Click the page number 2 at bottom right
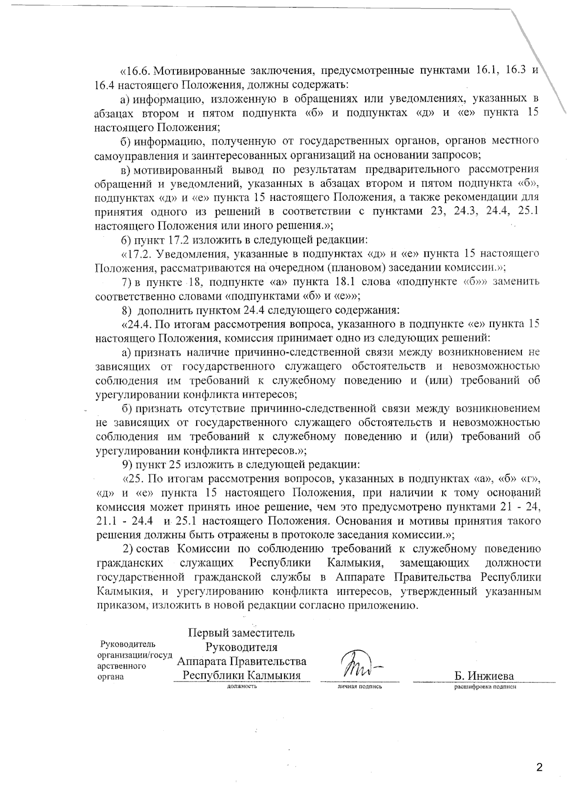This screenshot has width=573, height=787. click(540, 768)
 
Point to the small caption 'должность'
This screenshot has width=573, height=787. click(242, 686)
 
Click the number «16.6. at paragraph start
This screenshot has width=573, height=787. click(135, 71)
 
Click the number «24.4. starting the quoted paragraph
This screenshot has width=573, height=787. click(138, 324)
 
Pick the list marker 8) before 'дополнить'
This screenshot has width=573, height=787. click(127, 310)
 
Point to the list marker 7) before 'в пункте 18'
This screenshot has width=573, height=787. click(127, 282)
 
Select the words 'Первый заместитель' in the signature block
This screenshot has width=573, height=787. click(242, 633)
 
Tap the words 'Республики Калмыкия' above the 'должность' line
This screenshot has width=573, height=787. click(242, 675)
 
